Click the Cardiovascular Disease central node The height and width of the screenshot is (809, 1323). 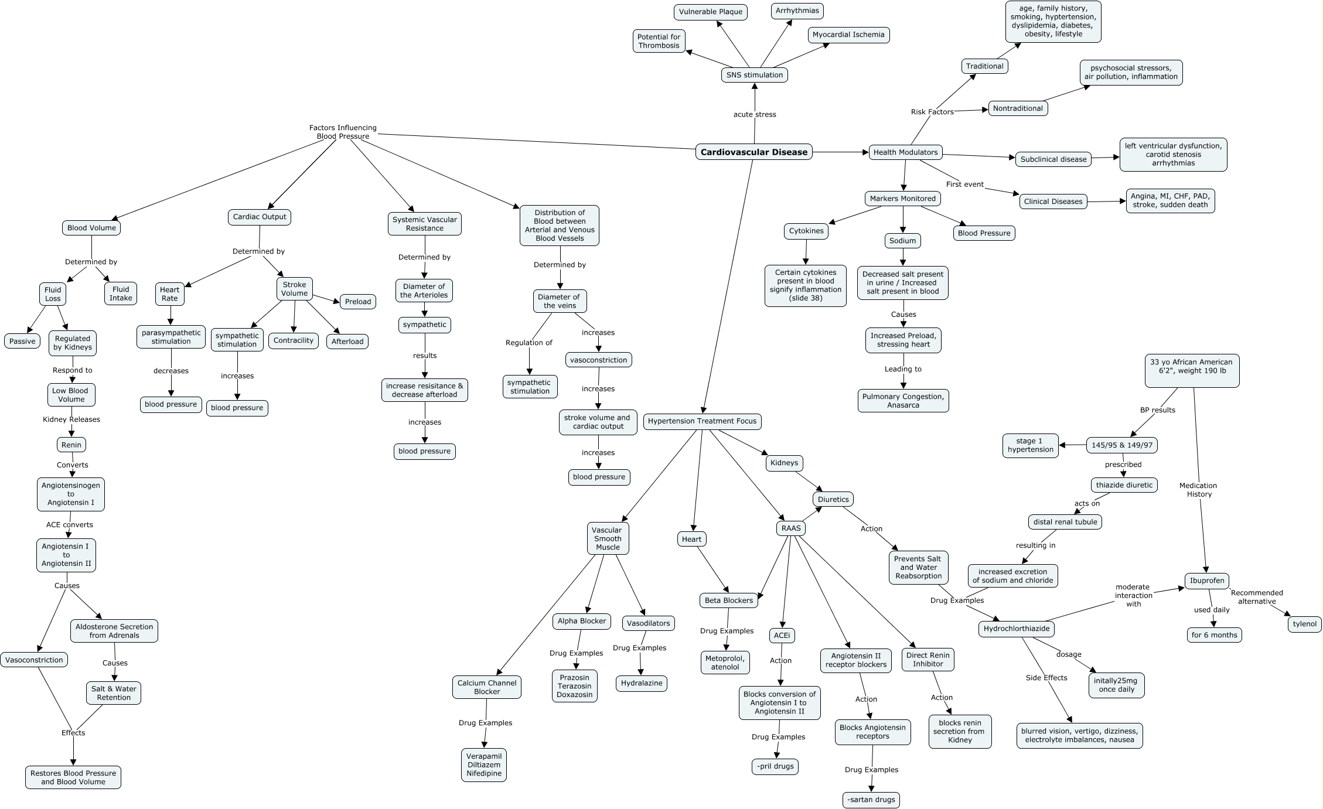click(x=754, y=152)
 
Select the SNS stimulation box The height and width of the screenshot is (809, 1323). click(x=754, y=75)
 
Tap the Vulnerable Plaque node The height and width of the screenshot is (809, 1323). click(x=710, y=12)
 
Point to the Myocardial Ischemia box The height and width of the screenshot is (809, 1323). click(x=848, y=35)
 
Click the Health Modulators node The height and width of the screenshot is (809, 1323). click(x=905, y=152)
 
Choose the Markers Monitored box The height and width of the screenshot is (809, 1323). click(x=902, y=199)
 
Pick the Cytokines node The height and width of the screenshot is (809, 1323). click(x=806, y=231)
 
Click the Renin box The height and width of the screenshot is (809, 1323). click(x=71, y=445)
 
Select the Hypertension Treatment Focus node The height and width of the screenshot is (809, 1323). click(x=702, y=421)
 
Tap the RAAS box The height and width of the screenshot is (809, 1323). click(x=790, y=528)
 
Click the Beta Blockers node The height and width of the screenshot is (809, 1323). click(x=728, y=600)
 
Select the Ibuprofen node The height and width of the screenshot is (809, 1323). click(x=1206, y=581)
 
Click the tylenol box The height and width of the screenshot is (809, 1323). click(x=1305, y=624)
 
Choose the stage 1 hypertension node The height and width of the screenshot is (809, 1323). click(x=1030, y=445)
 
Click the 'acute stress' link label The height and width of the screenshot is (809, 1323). click(x=754, y=114)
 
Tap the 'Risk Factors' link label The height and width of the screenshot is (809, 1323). click(x=932, y=112)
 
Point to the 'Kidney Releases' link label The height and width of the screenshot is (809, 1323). click(x=71, y=419)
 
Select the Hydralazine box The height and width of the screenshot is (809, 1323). click(x=642, y=683)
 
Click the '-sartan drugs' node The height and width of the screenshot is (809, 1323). click(x=871, y=800)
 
